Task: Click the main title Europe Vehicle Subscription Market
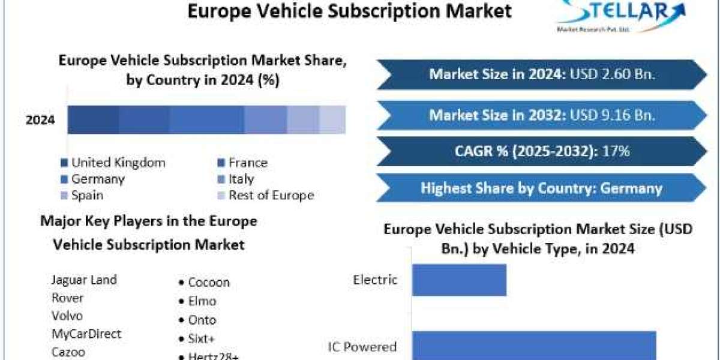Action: click(350, 11)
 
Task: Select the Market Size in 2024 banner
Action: click(542, 74)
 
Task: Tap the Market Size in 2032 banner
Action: click(542, 115)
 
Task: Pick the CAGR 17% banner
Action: click(542, 151)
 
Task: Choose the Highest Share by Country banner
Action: click(542, 188)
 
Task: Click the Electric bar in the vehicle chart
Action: click(459, 280)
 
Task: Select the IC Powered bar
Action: click(534, 346)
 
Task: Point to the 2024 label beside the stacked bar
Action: click(40, 120)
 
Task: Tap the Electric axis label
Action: click(375, 280)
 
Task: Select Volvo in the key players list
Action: click(67, 316)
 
